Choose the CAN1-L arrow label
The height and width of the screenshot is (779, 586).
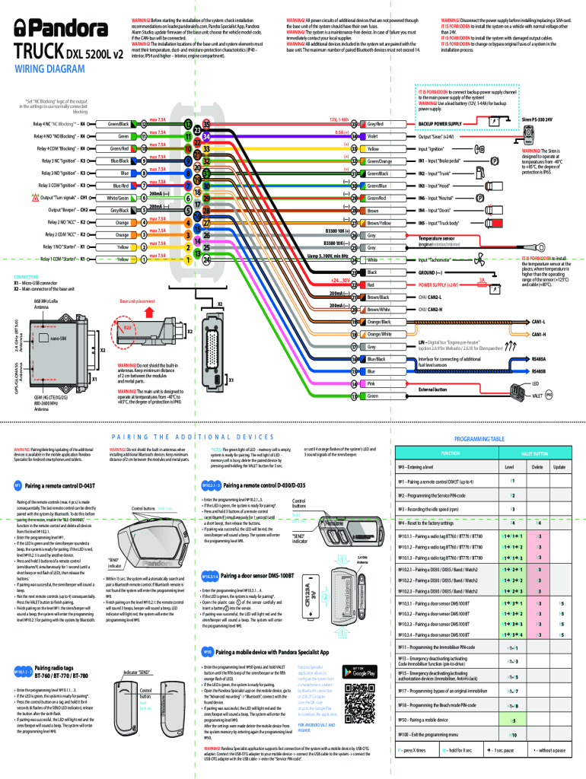tap(538, 321)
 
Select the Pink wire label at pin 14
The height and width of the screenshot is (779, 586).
tap(372, 383)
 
